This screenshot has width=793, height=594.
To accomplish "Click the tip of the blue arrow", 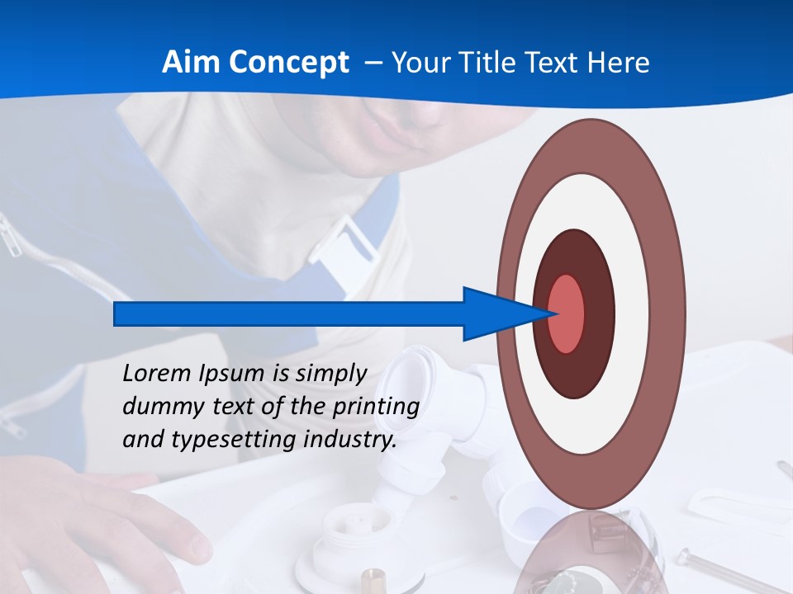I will tap(553, 313).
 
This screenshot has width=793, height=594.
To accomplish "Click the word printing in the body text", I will tap(376, 407).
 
